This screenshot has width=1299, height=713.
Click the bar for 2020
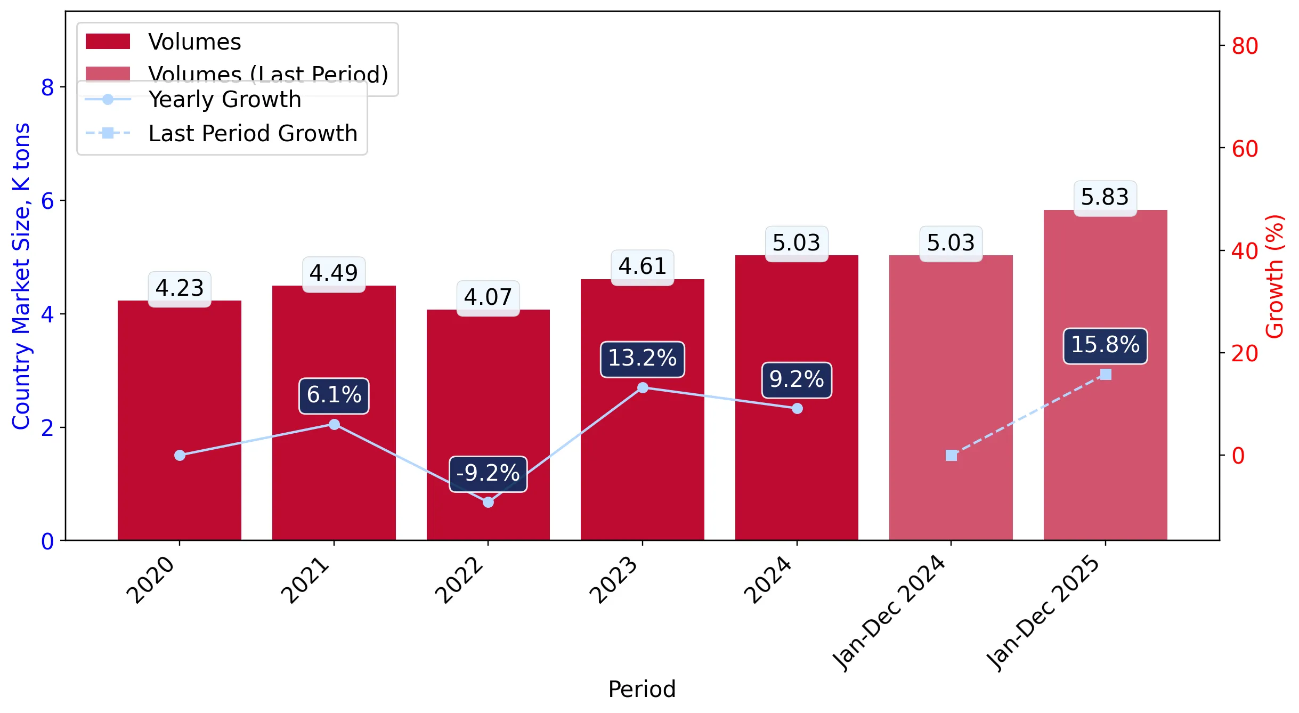180,420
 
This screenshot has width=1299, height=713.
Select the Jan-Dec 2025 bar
1105,375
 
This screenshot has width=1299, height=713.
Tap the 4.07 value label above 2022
488,297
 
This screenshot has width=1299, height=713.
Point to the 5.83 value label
1105,198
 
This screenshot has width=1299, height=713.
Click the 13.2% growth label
643,359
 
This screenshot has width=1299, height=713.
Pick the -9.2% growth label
488,474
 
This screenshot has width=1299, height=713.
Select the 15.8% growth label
1105,345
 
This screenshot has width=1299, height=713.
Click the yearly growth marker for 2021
334,424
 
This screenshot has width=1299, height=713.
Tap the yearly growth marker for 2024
797,408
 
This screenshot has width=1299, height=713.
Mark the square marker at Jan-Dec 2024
951,455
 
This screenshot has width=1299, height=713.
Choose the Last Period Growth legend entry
222,133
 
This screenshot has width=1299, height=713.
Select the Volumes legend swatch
108,42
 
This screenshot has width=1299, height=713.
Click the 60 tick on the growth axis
1245,149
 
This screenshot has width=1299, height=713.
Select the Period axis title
642,689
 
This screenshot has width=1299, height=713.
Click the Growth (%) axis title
1274,276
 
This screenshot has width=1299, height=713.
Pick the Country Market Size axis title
21,276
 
